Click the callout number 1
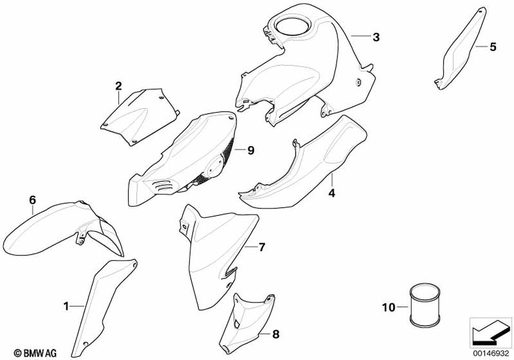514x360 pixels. click(66, 307)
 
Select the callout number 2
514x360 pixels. click(118, 85)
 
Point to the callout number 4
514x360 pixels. click(332, 193)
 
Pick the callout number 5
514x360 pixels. click(493, 48)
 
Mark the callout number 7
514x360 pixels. click(261, 247)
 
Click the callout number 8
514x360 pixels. click(276, 335)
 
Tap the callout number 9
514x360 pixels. click(251, 150)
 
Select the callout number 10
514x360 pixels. click(389, 308)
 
